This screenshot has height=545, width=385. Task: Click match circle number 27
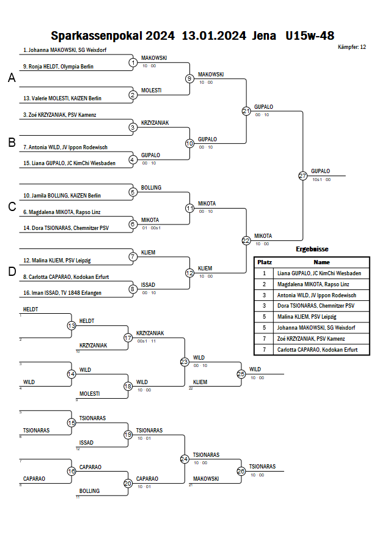pos(303,176)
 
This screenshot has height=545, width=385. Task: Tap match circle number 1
pos(133,62)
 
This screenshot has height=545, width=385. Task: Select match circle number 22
pos(246,240)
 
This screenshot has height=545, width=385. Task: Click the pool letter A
pos(12,78)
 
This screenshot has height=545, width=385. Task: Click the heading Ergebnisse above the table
pos(312,249)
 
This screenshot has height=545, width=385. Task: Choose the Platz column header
pos(265,262)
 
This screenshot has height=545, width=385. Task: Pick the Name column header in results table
pos(322,262)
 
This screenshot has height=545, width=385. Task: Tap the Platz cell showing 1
pos(265,273)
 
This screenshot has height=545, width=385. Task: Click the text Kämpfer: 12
pos(351,46)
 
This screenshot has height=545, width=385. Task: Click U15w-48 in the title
pos(310,35)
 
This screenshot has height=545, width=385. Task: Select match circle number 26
pos(241,471)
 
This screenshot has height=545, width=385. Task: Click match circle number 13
pos(71,326)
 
